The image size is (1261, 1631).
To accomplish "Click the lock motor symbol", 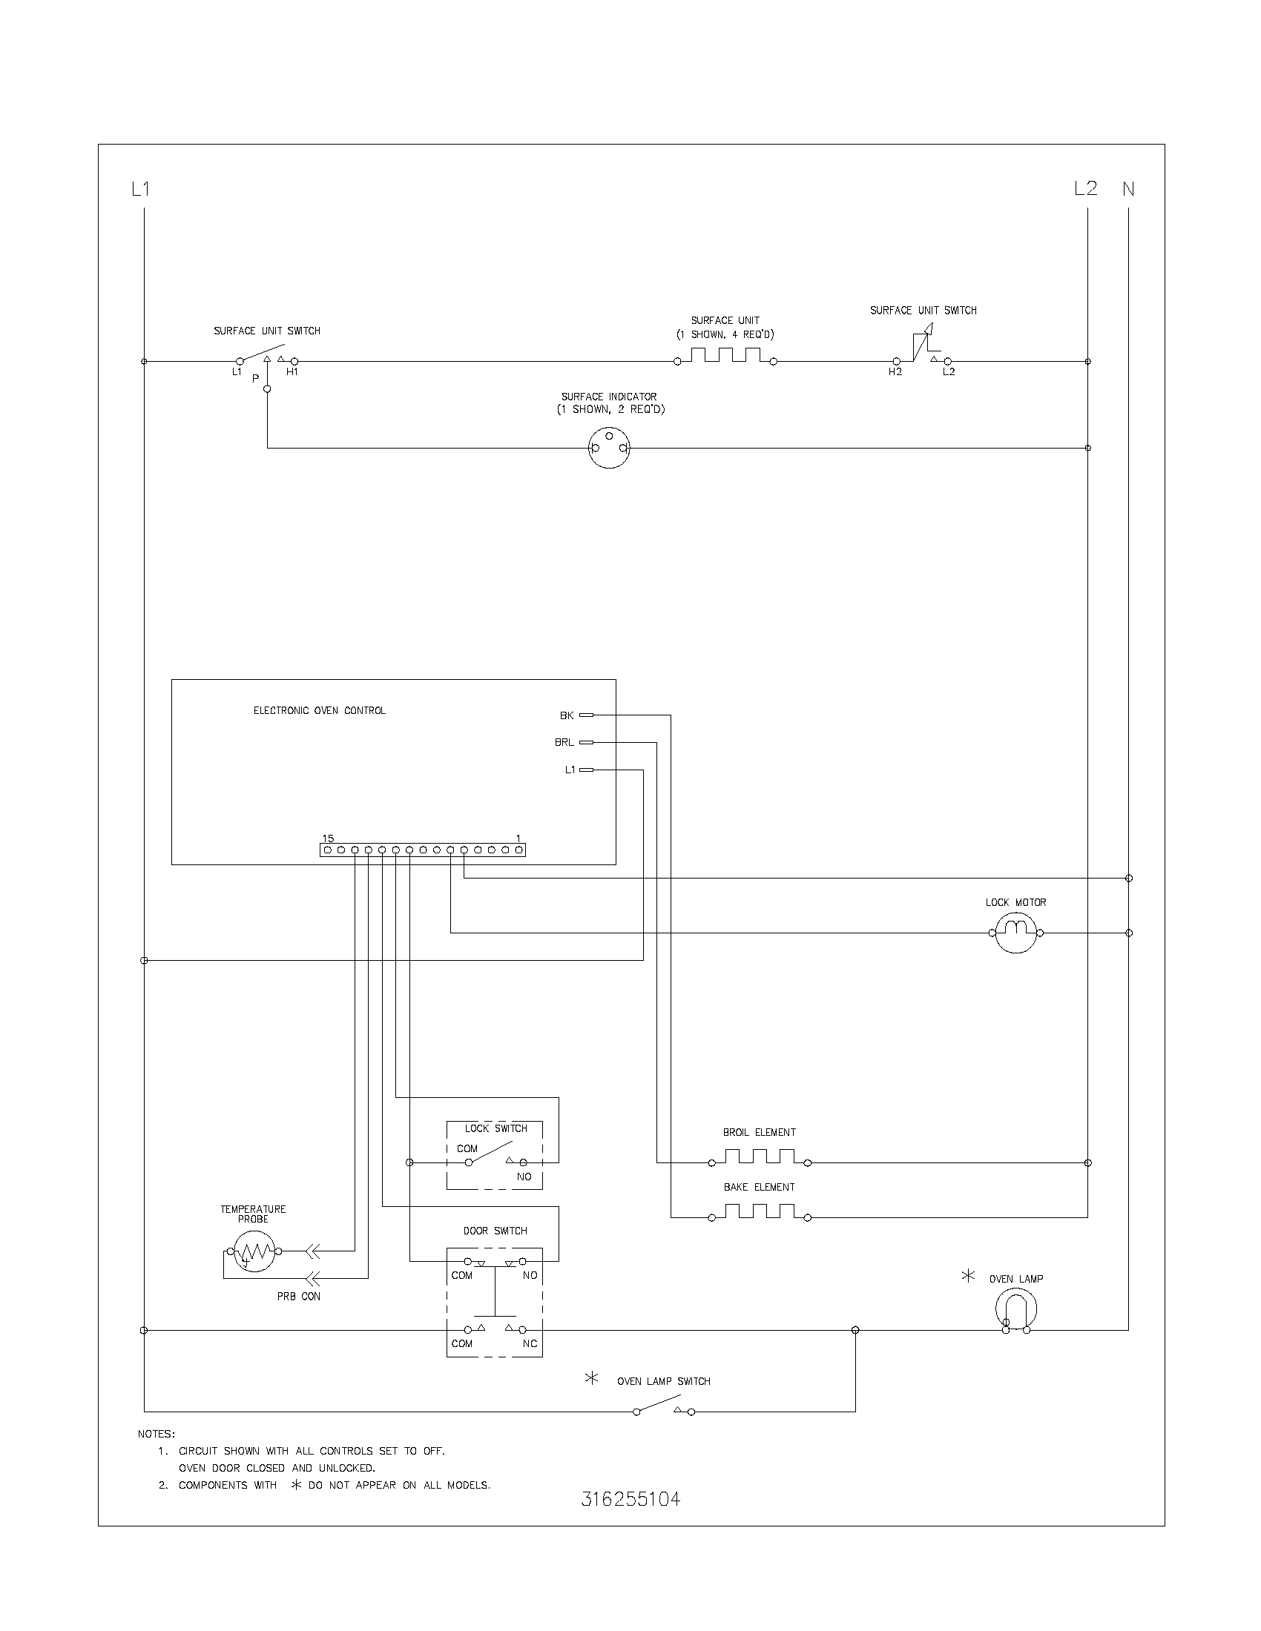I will point(1015,932).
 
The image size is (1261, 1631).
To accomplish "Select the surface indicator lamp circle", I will point(609,448).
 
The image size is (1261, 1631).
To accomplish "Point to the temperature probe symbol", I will point(254,1251).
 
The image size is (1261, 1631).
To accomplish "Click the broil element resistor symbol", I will point(759,1158).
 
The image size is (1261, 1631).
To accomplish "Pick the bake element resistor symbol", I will point(759,1213).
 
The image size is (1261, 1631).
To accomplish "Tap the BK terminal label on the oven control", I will point(567,715).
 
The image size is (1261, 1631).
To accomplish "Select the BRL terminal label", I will point(564,742).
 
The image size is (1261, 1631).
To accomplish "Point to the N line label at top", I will point(1128,190).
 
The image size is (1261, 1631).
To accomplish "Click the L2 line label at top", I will point(1085,188).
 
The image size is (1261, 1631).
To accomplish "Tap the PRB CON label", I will point(299,1297).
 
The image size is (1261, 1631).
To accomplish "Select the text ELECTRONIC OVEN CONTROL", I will point(320,710).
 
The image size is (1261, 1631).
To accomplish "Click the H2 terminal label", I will point(895,372).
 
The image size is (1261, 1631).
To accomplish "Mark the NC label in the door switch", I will point(530,1343).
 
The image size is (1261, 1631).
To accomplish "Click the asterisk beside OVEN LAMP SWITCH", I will point(591,1379).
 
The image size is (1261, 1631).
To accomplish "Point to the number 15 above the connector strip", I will point(328,838).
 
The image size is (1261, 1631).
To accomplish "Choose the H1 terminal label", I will point(292,372).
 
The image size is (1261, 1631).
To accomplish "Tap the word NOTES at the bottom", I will point(156,1434).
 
